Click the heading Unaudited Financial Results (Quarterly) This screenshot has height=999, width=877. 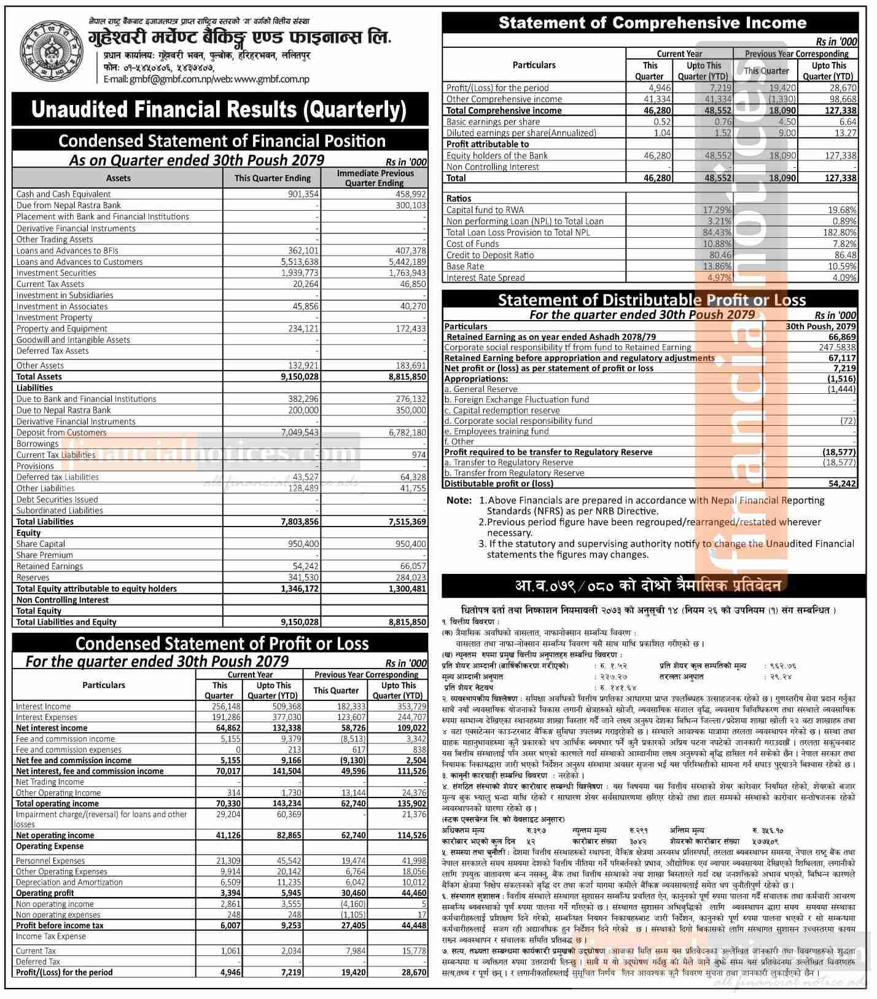coord(219,110)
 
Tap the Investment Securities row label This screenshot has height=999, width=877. coord(56,273)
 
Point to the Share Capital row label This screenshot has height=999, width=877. coord(41,544)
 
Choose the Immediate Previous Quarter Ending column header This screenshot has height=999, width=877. coord(375,178)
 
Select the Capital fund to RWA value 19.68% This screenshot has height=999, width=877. coord(841,210)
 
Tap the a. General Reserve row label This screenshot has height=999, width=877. coord(481,389)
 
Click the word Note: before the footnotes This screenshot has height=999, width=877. coord(459,500)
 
